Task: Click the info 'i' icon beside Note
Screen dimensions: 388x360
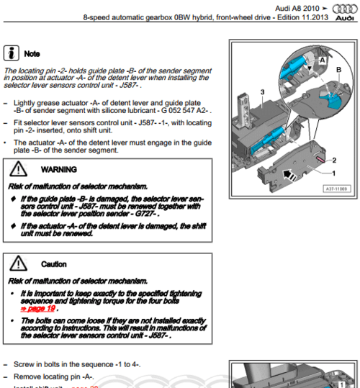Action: tap(12, 53)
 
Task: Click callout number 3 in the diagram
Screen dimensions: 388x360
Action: tap(264, 92)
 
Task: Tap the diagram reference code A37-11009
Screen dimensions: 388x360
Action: tap(333, 190)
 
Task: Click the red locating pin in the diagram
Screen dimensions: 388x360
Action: tap(320, 156)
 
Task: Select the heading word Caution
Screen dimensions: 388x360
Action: tap(54, 265)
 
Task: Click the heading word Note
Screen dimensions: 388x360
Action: tap(32, 53)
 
